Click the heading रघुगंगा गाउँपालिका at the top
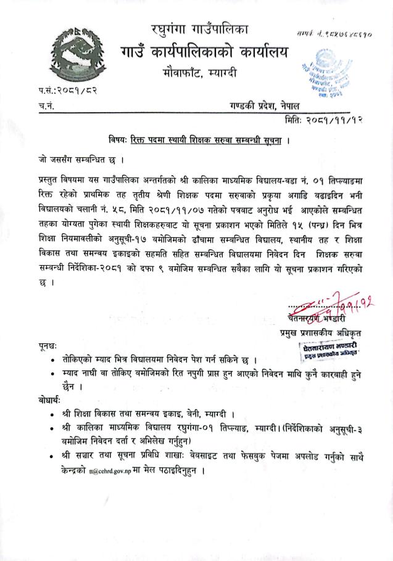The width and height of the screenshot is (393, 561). click(x=199, y=28)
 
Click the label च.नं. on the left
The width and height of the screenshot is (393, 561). click(x=44, y=107)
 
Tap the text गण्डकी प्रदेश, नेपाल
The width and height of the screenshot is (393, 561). click(x=262, y=106)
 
